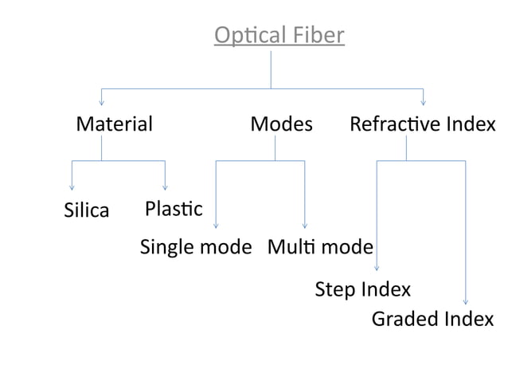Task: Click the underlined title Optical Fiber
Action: coord(279,36)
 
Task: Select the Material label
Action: coord(114,124)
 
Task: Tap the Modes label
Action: coord(281,124)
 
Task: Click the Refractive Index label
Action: coord(422,124)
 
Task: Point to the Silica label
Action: coord(86,211)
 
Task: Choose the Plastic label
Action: coord(174,209)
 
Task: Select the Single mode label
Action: coord(196,247)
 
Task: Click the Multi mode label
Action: coord(320,247)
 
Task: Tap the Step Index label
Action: coord(363,289)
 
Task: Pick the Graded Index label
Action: coord(432,320)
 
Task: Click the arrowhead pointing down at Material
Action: coord(101,102)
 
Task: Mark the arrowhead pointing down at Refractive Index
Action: coord(423,102)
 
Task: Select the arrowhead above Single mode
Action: coord(216,226)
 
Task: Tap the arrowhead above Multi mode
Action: coord(305,226)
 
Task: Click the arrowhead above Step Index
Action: coord(377,269)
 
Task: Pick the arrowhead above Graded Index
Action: coord(466,301)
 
